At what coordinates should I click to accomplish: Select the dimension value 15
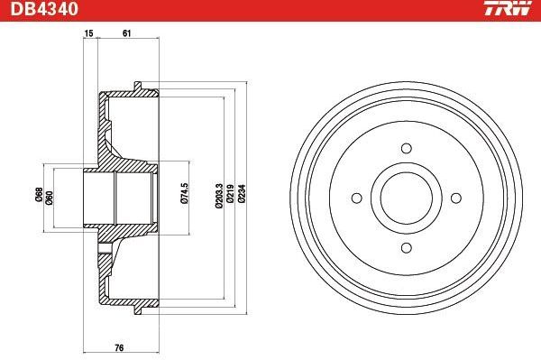click(88, 33)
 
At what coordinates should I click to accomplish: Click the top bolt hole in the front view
click(406, 148)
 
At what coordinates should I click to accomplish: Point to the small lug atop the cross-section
click(138, 88)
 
